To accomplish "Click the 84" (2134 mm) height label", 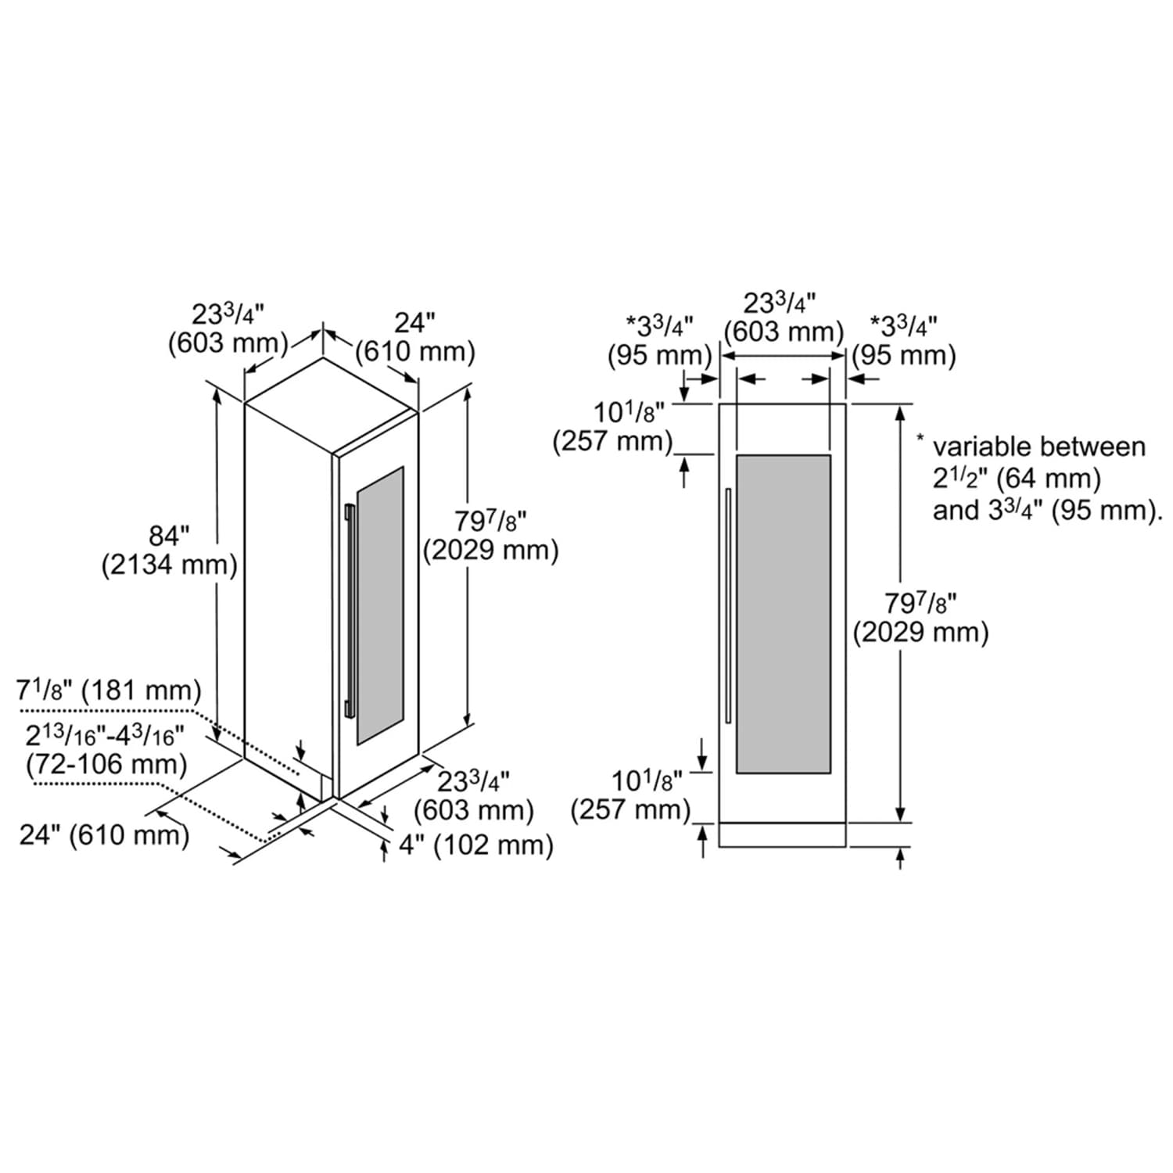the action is pyautogui.click(x=170, y=551).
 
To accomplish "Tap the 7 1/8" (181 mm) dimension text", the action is pyautogui.click(x=109, y=691).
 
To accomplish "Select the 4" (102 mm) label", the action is pyautogui.click(x=476, y=845).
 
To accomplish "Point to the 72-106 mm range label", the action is pyautogui.click(x=106, y=764).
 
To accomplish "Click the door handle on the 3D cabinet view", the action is pyautogui.click(x=350, y=612).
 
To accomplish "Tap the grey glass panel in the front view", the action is pyautogui.click(x=784, y=614).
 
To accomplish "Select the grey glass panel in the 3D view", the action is pyautogui.click(x=380, y=605).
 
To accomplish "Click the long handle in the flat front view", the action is pyautogui.click(x=728, y=606).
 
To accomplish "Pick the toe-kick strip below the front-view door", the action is pyautogui.click(x=782, y=834).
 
